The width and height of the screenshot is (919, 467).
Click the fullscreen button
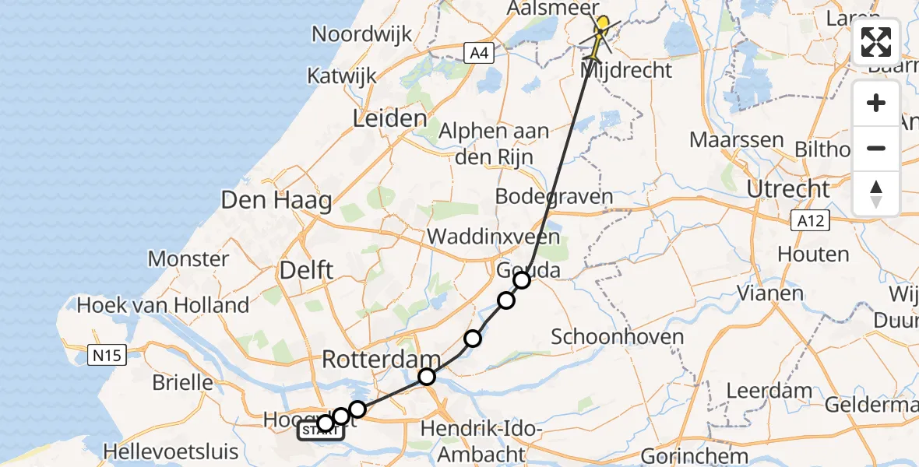876,42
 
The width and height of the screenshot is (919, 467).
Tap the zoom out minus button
876,148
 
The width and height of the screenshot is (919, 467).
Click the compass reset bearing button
876,193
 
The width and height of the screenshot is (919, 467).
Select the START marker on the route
320,431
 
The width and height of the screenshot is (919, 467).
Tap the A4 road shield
479,53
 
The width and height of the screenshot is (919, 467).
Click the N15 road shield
105,356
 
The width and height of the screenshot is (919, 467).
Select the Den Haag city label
276,200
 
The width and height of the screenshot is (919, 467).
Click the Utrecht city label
788,189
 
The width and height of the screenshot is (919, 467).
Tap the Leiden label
390,119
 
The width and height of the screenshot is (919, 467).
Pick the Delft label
306,271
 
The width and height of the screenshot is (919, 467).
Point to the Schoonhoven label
618,337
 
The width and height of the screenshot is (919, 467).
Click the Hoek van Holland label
163,304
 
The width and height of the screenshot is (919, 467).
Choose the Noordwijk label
361,34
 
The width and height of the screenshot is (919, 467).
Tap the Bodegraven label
554,197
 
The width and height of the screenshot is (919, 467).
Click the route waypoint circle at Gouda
521,280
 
